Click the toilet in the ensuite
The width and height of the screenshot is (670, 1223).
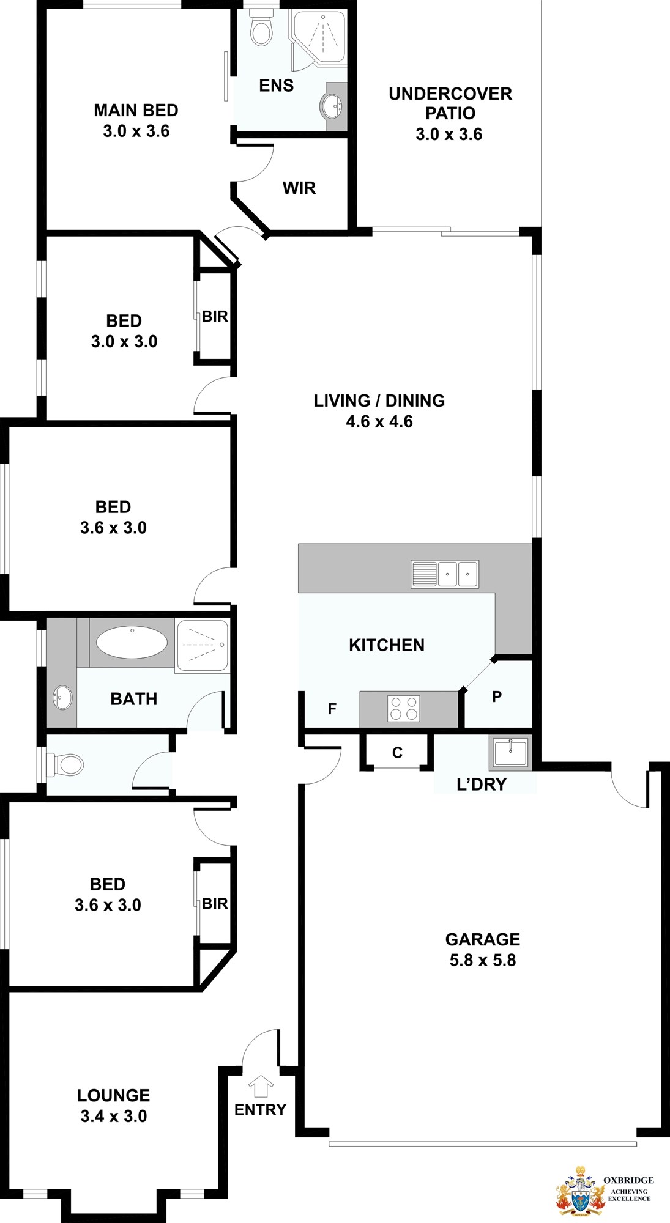coord(261,27)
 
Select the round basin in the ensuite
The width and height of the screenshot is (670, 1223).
coord(331,107)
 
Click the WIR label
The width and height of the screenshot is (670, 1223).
coord(299,188)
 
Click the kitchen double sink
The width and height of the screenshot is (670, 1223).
coord(445,574)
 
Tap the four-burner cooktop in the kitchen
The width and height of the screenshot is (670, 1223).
coord(404,709)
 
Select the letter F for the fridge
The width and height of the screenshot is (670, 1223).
coord(332,709)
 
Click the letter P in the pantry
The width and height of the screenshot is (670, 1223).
coord(497,696)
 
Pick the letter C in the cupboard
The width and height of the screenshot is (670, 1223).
coord(397,753)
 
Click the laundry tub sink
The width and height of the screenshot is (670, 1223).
coord(510,752)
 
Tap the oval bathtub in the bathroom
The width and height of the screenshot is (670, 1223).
coord(132,642)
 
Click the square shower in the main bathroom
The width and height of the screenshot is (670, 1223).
coord(203,646)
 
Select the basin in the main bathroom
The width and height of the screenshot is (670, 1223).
coord(62,697)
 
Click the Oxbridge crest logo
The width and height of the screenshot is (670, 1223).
coord(579,1191)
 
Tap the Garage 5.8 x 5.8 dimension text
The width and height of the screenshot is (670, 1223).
coord(483,960)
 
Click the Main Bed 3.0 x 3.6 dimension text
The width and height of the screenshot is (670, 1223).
coord(136,131)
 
